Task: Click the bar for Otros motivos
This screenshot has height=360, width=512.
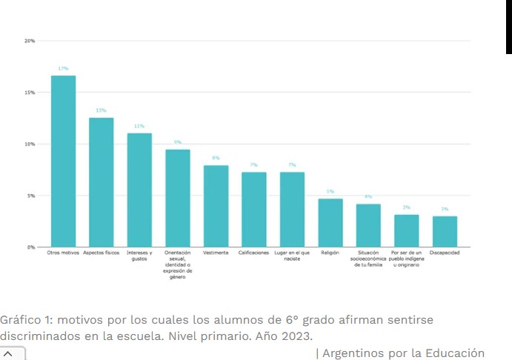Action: point(63,161)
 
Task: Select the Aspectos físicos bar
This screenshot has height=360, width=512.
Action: point(102,182)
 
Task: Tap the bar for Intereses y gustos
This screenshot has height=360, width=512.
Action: point(139,190)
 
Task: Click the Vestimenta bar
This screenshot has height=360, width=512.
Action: point(216,206)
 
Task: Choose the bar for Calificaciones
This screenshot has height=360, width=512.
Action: point(253,210)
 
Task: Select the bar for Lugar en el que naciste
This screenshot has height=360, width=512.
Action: point(292,210)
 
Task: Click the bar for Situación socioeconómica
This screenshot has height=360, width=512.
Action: point(368,225)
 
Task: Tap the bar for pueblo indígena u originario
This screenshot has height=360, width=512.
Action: point(406,231)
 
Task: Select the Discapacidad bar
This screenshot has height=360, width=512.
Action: point(445,232)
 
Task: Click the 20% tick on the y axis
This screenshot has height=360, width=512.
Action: point(30,41)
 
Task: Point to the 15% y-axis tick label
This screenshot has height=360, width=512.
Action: point(30,93)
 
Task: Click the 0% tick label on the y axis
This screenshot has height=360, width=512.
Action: point(31,247)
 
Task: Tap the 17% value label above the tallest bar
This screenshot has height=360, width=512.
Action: point(63,68)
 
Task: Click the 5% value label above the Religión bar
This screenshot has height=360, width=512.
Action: point(330,191)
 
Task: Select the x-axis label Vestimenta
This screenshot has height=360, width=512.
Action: point(216,253)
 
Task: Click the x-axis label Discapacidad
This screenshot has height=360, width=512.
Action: point(445,253)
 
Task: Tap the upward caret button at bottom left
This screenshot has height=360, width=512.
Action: point(8,354)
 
